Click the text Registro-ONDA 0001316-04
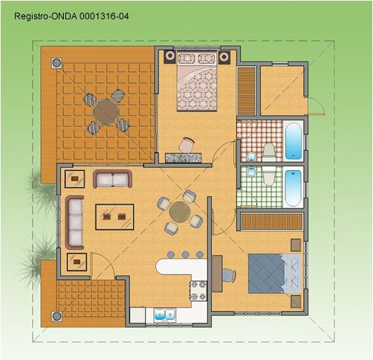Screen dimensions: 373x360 [x=71, y=16]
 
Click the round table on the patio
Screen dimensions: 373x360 [x=106, y=112]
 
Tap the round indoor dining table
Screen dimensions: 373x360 [x=180, y=212]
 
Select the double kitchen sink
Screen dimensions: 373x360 [x=165, y=315]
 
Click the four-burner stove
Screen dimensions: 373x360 [x=198, y=290]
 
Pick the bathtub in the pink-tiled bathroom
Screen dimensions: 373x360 [x=293, y=141]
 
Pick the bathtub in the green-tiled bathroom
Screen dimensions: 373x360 [x=293, y=188]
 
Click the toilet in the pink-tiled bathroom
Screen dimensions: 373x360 [x=269, y=152]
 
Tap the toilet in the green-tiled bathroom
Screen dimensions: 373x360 [x=269, y=176]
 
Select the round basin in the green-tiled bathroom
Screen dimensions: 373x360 [x=252, y=171]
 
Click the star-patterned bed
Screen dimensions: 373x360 [x=197, y=81]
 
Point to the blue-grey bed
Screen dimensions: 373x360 [x=275, y=273]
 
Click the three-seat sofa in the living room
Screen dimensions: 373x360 [x=74, y=223]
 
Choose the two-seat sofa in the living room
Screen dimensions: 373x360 [x=112, y=179]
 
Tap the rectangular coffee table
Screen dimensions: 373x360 [x=114, y=217]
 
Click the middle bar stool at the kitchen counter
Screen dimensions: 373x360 [x=185, y=255]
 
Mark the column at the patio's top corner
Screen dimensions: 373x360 [x=56, y=63]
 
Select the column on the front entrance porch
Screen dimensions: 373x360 [x=56, y=316]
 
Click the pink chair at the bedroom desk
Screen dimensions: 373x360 [x=186, y=145]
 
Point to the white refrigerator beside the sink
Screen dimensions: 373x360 [x=137, y=315]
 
